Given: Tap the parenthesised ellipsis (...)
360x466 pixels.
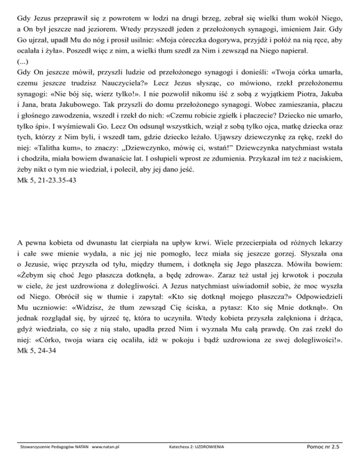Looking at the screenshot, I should click(x=22, y=61).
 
